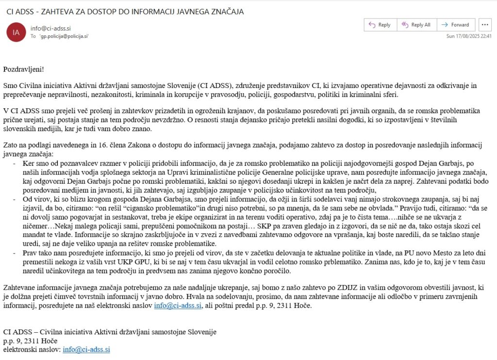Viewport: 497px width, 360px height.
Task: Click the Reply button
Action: (x=380, y=25)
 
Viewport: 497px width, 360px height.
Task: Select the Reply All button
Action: (x=416, y=25)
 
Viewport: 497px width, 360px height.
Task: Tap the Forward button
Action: (x=455, y=25)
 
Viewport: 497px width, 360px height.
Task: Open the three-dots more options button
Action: (x=485, y=25)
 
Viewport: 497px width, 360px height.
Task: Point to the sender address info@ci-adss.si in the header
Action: (x=50, y=28)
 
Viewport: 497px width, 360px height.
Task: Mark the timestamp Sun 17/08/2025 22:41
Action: (x=469, y=36)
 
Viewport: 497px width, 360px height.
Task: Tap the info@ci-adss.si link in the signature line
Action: (x=86, y=349)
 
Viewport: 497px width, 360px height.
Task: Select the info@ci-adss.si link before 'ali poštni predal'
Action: (x=178, y=306)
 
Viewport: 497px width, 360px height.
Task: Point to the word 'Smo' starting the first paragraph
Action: (x=10, y=86)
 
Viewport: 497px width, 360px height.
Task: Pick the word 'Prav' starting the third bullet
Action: (x=30, y=253)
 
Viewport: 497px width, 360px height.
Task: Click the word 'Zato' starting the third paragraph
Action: (x=11, y=145)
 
